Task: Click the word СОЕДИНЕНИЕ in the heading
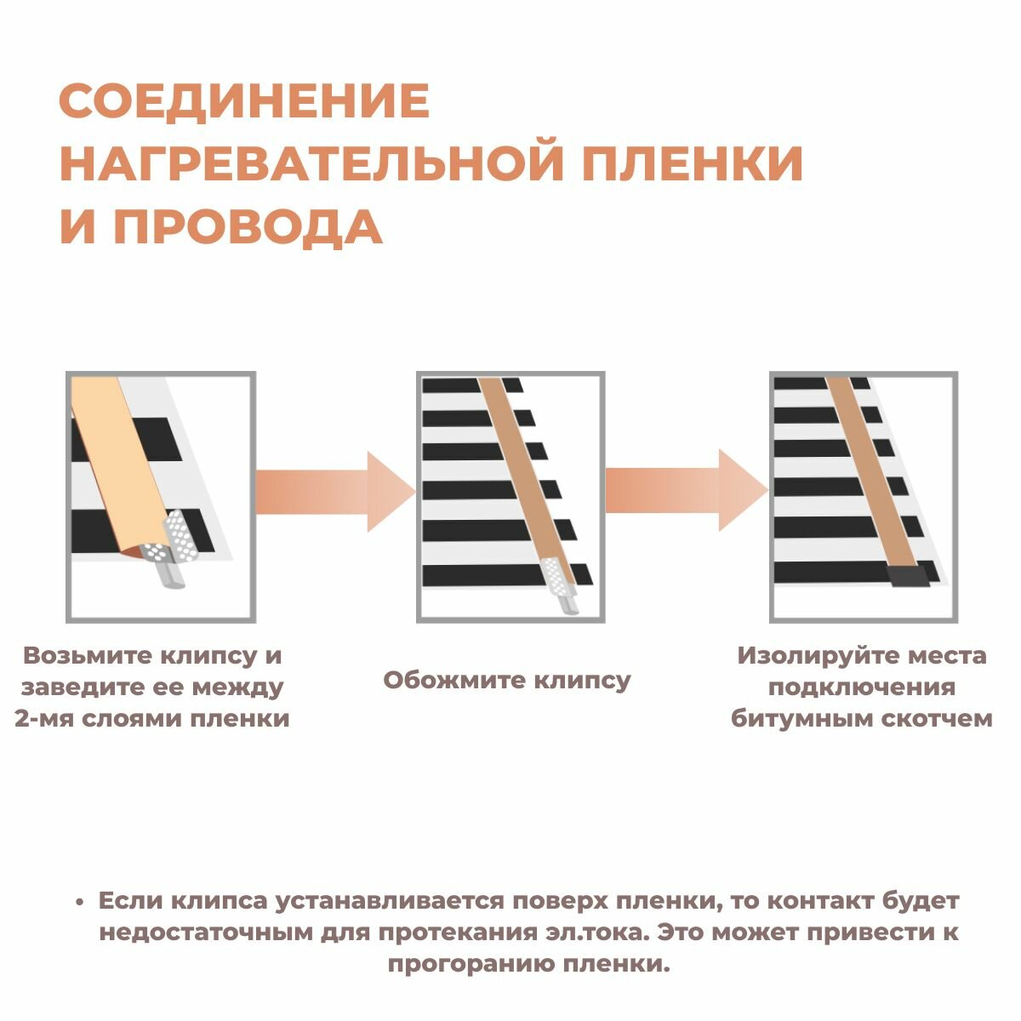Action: pyautogui.click(x=244, y=101)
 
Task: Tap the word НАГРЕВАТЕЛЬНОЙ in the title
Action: pyautogui.click(x=310, y=163)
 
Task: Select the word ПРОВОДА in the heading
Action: pyautogui.click(x=248, y=226)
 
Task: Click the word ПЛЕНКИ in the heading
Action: pyautogui.click(x=690, y=163)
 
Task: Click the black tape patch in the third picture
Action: pyautogui.click(x=908, y=578)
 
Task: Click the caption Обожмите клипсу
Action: pyautogui.click(x=507, y=681)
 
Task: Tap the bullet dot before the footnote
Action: pyautogui.click(x=79, y=902)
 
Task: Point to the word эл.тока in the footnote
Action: pyautogui.click(x=596, y=932)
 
